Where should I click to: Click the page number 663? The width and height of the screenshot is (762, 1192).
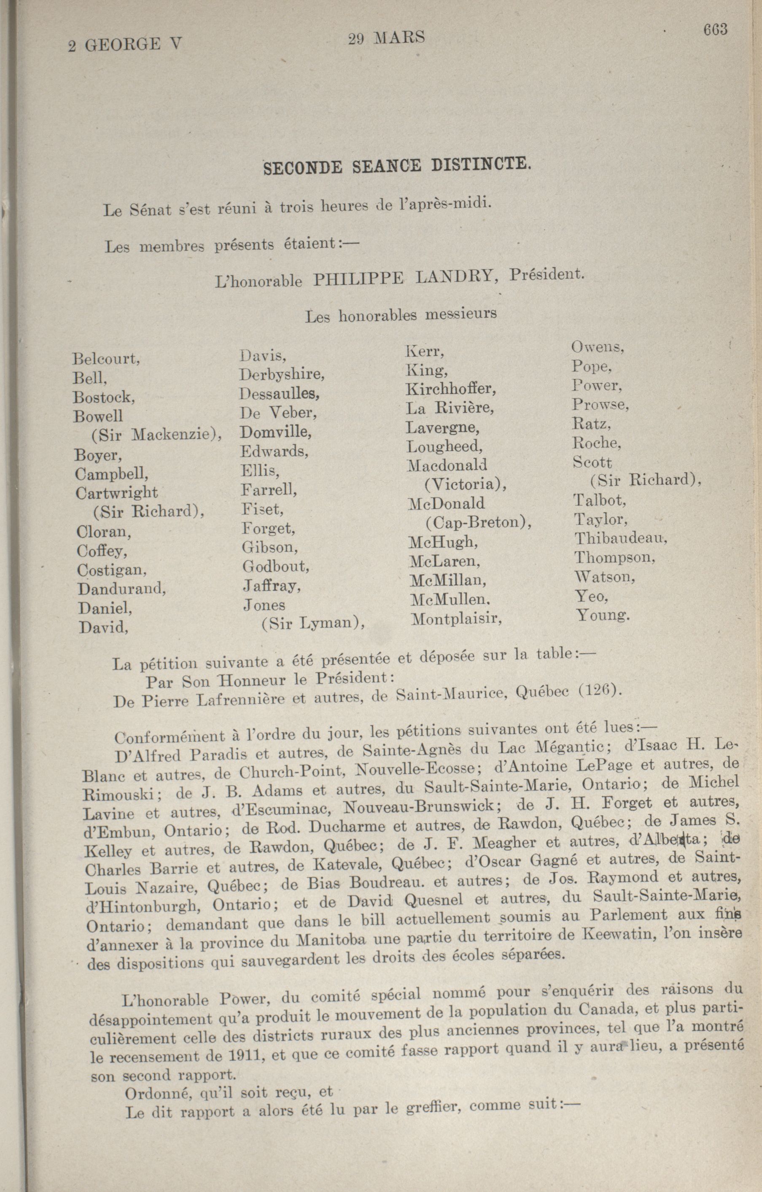click(x=715, y=31)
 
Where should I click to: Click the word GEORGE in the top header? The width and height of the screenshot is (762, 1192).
click(x=123, y=46)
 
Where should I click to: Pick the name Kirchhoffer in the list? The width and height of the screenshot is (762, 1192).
click(x=450, y=389)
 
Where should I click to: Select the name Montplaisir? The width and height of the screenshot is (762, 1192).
click(x=456, y=619)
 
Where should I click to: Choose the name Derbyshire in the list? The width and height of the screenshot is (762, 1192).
click(x=282, y=375)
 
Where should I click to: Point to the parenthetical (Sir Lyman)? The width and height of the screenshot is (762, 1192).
click(x=313, y=623)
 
